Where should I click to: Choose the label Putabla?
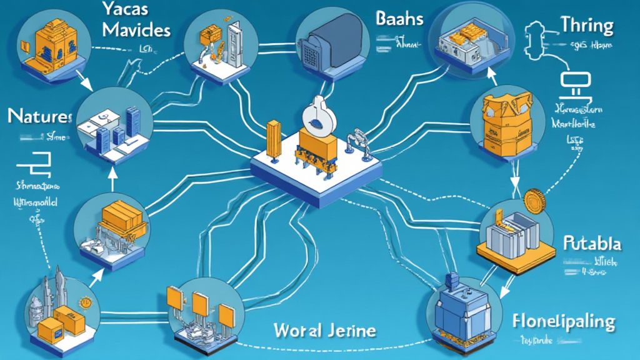[591, 242]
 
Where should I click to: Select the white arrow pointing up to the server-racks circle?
[113, 181]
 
